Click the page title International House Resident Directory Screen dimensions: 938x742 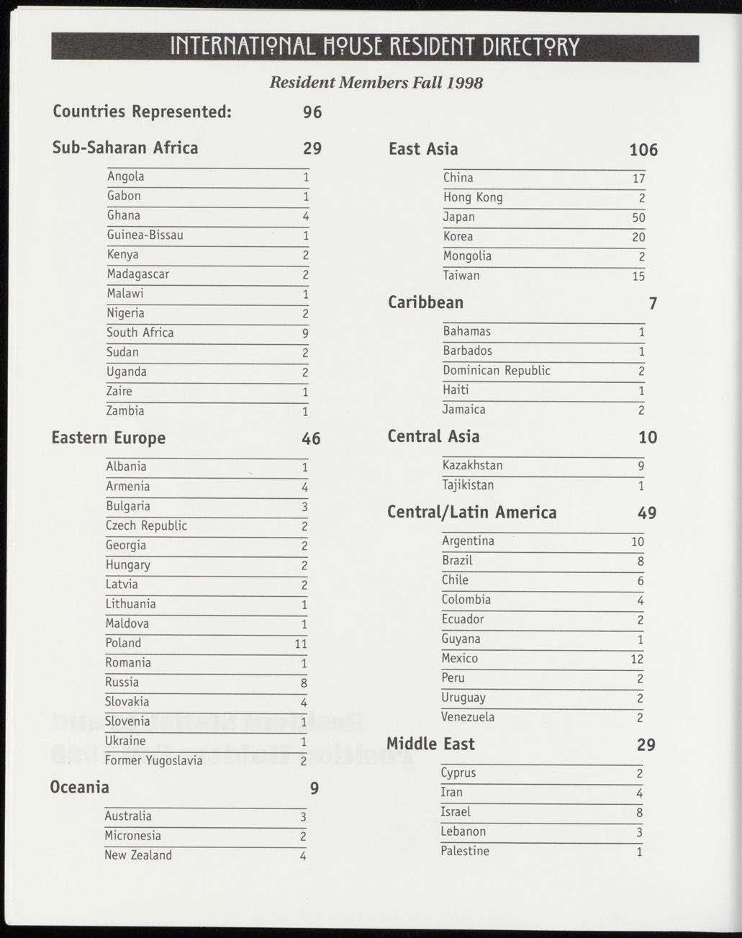[374, 48]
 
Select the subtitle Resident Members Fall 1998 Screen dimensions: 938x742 [376, 83]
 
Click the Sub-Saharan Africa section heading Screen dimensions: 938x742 [125, 148]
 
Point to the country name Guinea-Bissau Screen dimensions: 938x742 [145, 235]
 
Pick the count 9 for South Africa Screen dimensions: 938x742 [305, 333]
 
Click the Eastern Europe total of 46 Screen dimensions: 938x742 [311, 438]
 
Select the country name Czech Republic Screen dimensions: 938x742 [146, 526]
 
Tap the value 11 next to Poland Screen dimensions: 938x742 [301, 644]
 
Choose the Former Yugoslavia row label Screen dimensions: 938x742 [153, 761]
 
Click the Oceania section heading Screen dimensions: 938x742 [79, 787]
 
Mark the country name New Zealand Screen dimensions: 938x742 [138, 855]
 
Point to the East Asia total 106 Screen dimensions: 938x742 [643, 150]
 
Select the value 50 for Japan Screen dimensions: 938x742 [638, 217]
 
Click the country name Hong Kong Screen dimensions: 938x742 [473, 197]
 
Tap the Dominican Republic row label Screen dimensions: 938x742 [497, 371]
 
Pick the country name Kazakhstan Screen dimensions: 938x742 [473, 466]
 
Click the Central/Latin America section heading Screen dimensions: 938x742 [471, 513]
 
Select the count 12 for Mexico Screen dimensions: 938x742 [637, 659]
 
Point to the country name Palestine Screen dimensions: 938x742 [465, 851]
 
